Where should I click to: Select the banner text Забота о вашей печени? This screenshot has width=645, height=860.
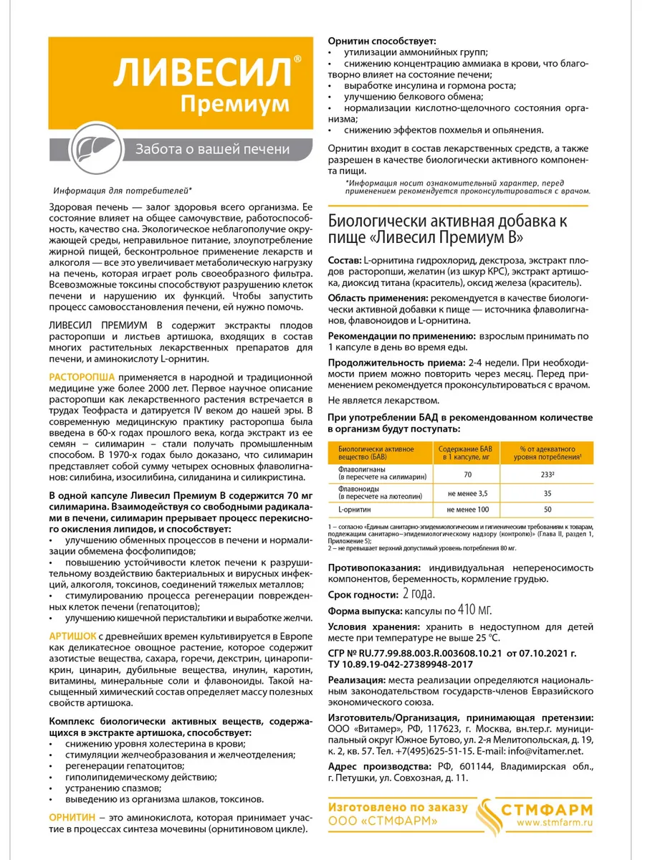pos(207,149)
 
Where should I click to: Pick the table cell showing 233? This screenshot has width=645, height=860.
pos(547,474)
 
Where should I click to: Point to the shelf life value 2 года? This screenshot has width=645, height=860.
pos(419,594)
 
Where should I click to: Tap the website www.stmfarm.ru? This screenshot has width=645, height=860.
pos(556,822)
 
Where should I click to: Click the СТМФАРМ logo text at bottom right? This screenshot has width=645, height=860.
pos(557,808)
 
